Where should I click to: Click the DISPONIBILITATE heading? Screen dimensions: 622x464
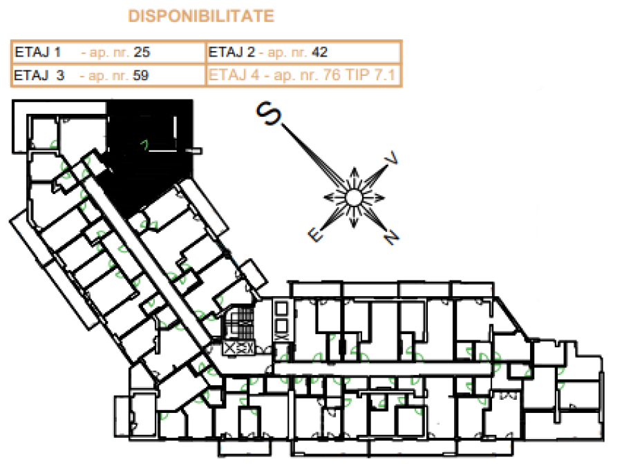201,16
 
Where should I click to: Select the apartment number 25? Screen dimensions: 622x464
142,52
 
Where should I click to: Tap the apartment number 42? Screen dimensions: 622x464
319,52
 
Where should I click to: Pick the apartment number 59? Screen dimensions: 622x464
140,75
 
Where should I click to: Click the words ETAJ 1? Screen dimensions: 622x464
38,52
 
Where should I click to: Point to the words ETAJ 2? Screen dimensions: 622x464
232,52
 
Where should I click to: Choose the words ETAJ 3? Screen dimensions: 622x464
39,75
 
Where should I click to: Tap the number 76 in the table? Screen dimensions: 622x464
331,75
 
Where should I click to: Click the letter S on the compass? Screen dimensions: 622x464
269,113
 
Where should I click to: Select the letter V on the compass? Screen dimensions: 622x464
390,158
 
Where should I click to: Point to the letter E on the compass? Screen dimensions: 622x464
316,235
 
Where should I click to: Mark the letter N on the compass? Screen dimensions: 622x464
391,238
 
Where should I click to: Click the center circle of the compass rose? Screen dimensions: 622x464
353,197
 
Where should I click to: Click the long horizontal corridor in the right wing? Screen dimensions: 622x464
383,369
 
